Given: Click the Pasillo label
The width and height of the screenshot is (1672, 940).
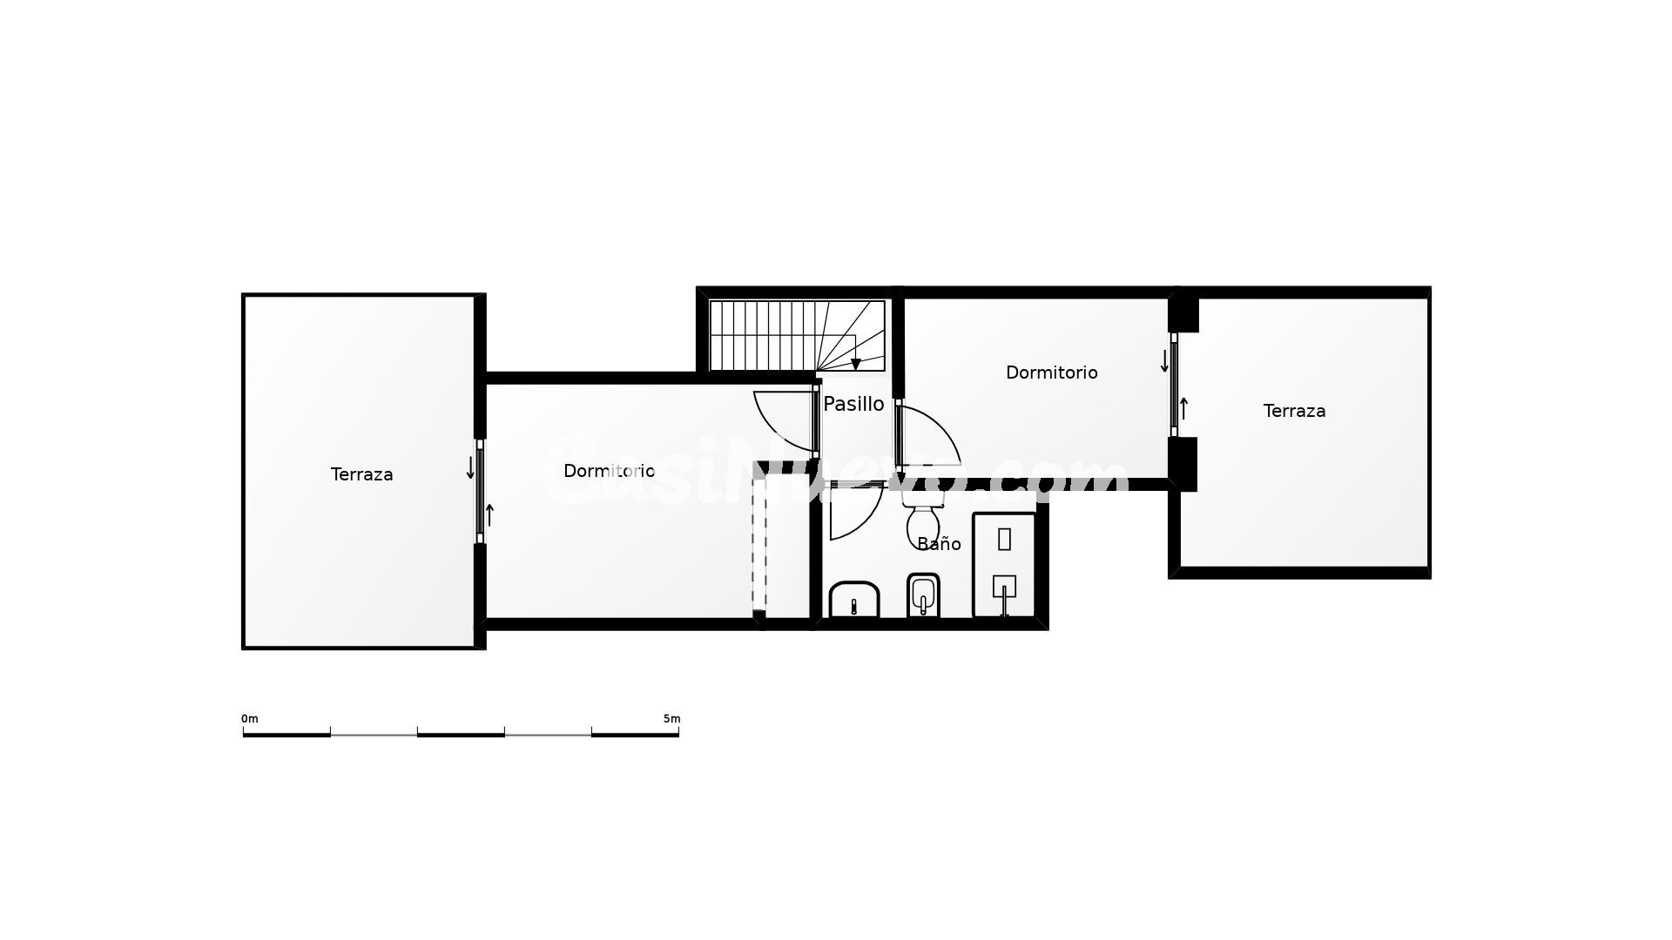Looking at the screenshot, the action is pyautogui.click(x=853, y=404).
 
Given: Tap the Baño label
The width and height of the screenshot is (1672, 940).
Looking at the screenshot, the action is pyautogui.click(x=939, y=544).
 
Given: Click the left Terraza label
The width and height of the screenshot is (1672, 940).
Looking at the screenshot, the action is pyautogui.click(x=361, y=474).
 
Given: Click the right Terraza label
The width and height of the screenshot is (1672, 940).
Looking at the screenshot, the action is pyautogui.click(x=1294, y=411).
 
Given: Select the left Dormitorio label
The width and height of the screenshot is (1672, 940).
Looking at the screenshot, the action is pyautogui.click(x=609, y=471).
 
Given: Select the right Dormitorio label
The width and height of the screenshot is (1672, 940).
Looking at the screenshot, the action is pyautogui.click(x=1051, y=373).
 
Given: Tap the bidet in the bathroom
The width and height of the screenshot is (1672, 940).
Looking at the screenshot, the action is pyautogui.click(x=923, y=594).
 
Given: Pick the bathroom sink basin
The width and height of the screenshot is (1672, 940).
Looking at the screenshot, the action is pyautogui.click(x=854, y=599).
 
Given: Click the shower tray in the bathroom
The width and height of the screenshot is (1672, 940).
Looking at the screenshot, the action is pyautogui.click(x=1004, y=565).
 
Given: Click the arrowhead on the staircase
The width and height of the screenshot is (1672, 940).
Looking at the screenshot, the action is pyautogui.click(x=856, y=364).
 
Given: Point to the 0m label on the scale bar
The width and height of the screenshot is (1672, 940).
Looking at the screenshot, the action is pyautogui.click(x=250, y=719).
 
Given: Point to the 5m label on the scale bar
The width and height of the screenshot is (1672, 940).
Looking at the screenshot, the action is pyautogui.click(x=671, y=719).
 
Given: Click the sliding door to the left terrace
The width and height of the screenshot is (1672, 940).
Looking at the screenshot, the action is pyautogui.click(x=480, y=492).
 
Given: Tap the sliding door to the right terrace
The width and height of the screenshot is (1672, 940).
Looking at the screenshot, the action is pyautogui.click(x=1174, y=385).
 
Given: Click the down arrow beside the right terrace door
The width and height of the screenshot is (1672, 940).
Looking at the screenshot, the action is pyautogui.click(x=1164, y=361).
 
